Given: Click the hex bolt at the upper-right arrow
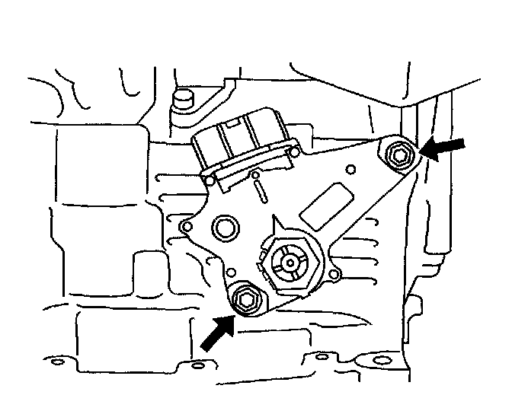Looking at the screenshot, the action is pos(398,156).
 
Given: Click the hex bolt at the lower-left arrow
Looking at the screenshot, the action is pos(244,298).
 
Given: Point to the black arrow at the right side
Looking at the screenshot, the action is pos(445,149).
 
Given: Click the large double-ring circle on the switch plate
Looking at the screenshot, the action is pos(225,226).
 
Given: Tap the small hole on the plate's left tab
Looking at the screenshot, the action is pos(185,227).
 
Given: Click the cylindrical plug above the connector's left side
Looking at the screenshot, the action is pos(182,97).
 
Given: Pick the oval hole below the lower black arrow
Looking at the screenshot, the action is pos(196,365).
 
